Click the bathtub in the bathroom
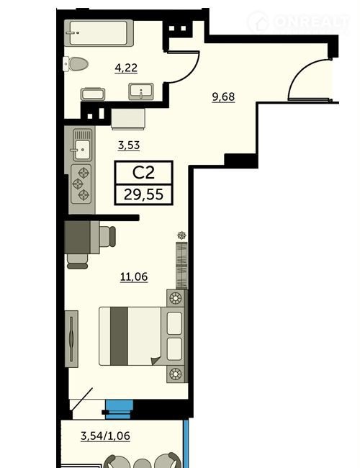(x=99, y=33)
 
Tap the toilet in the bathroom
(x=76, y=64)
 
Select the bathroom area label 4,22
(x=126, y=68)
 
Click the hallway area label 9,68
(x=223, y=97)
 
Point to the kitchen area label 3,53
(x=129, y=145)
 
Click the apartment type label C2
(x=143, y=173)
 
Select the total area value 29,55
(x=143, y=194)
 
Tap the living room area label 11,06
(x=134, y=276)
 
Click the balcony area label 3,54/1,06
(x=105, y=436)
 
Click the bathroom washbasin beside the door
(x=141, y=91)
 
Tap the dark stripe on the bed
(x=119, y=336)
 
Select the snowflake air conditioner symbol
(x=181, y=235)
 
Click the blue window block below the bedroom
(x=119, y=410)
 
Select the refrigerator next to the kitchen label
(x=128, y=119)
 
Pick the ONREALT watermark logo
(x=299, y=22)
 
